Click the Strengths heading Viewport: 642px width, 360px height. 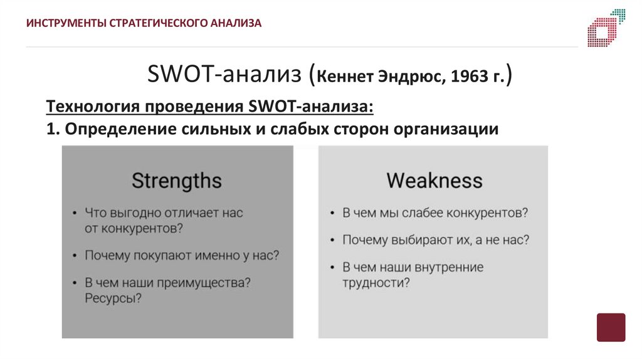(177, 181)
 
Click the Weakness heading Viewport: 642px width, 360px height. (434, 181)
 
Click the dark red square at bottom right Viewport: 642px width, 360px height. (611, 327)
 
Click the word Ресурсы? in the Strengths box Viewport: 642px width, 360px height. (113, 299)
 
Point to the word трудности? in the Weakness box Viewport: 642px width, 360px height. (376, 283)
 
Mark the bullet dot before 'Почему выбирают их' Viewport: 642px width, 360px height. (330, 240)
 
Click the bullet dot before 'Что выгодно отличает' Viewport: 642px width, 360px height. (73, 213)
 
